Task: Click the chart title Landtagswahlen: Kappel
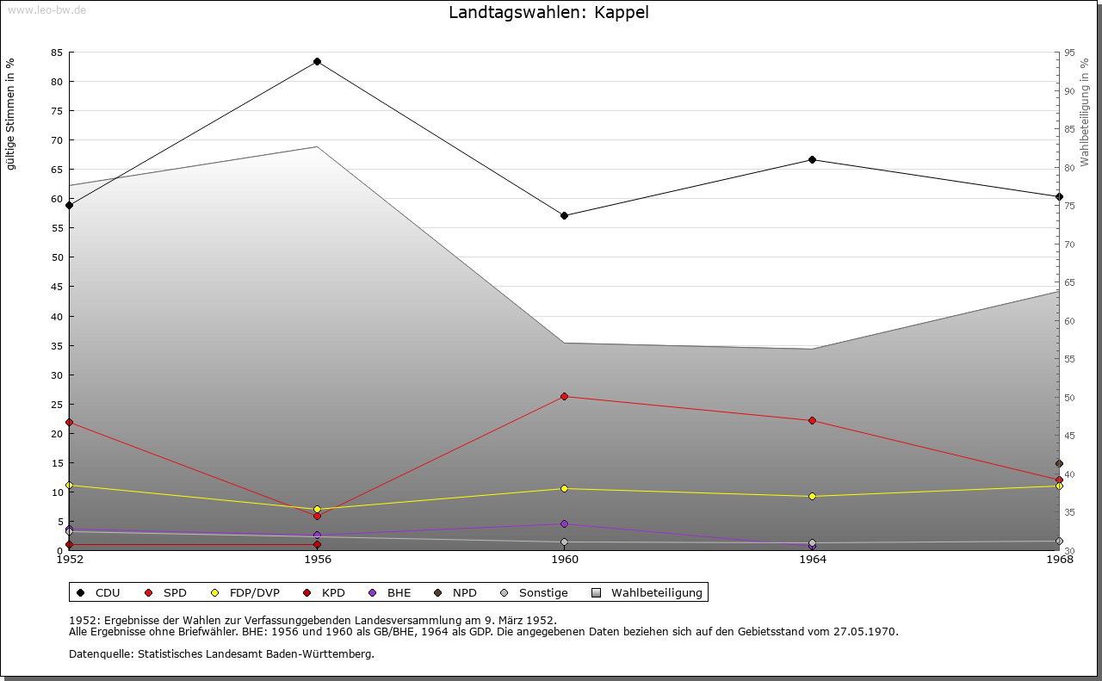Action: [x=548, y=13]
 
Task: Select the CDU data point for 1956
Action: [x=318, y=62]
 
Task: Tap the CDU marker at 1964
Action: [x=812, y=159]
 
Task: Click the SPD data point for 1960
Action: [x=565, y=396]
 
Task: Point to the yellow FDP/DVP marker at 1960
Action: [x=565, y=488]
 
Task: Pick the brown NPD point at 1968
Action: [x=1059, y=464]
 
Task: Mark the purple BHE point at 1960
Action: [x=565, y=523]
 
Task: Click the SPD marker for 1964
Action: [x=812, y=420]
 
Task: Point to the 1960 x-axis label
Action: [x=565, y=560]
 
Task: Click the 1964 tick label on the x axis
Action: [x=812, y=560]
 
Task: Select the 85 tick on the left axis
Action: [x=56, y=53]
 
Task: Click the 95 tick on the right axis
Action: [x=1069, y=53]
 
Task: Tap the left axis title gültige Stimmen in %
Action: [x=11, y=114]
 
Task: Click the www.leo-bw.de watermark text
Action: [x=45, y=9]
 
